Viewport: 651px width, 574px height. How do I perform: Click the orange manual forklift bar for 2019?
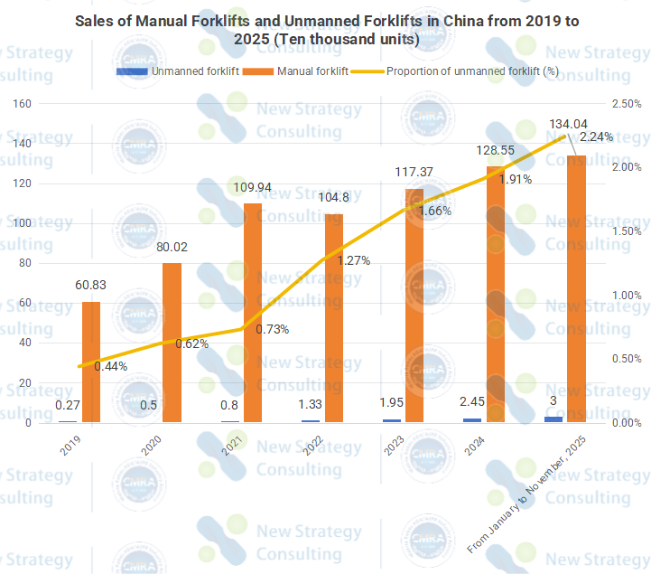91,362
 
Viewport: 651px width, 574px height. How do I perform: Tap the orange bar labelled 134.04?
576,289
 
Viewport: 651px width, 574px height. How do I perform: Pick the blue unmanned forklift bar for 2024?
472,419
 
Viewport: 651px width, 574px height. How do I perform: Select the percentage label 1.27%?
354,260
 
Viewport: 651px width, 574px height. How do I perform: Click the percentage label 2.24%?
596,137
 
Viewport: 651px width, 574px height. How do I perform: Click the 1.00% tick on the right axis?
625,296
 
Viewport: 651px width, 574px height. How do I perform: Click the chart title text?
325,32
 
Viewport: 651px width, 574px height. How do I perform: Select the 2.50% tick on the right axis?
625,104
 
